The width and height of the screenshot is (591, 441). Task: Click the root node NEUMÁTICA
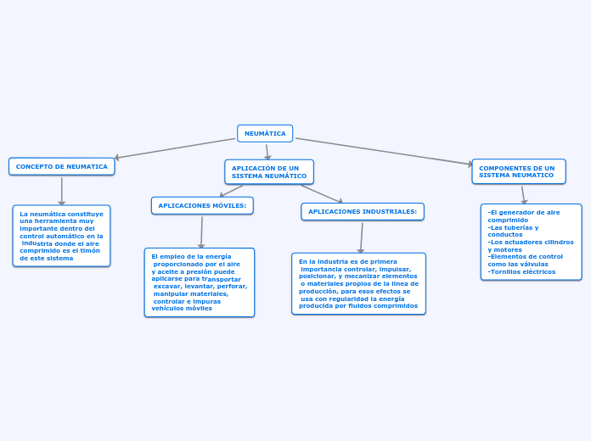(265, 133)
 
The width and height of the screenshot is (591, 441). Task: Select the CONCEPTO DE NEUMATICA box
(61, 166)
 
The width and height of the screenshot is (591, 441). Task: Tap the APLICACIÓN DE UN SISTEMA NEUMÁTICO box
(268, 172)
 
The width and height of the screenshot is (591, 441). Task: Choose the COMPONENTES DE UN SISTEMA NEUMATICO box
(518, 171)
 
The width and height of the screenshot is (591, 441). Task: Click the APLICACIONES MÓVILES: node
(202, 205)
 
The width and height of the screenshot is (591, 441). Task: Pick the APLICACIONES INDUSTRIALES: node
(363, 211)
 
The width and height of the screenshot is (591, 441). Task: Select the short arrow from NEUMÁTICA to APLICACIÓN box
(267, 151)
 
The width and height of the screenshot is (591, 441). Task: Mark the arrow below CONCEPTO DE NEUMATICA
(62, 190)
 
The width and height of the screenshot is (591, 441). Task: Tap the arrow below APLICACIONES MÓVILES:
(202, 231)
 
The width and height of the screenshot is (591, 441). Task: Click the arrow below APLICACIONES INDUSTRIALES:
(362, 237)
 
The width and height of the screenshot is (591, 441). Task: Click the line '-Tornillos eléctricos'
(522, 271)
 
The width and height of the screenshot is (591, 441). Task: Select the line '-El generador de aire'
(524, 212)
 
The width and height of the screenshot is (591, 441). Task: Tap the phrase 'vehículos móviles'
(182, 309)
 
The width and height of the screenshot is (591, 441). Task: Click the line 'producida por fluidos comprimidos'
(359, 306)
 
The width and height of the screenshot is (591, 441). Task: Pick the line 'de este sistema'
(47, 258)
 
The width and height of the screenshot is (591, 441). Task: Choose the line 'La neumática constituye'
(61, 214)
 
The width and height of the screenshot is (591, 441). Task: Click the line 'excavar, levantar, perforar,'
(200, 286)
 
